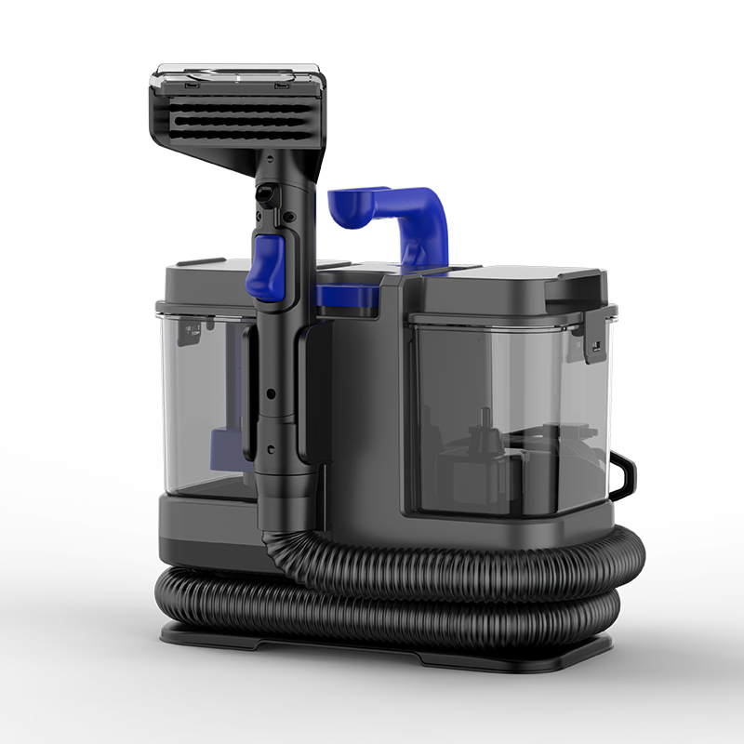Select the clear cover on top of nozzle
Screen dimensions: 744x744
click(x=237, y=73)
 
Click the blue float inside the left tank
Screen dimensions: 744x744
click(x=223, y=446)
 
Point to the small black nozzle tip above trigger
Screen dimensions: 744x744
click(x=265, y=196)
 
